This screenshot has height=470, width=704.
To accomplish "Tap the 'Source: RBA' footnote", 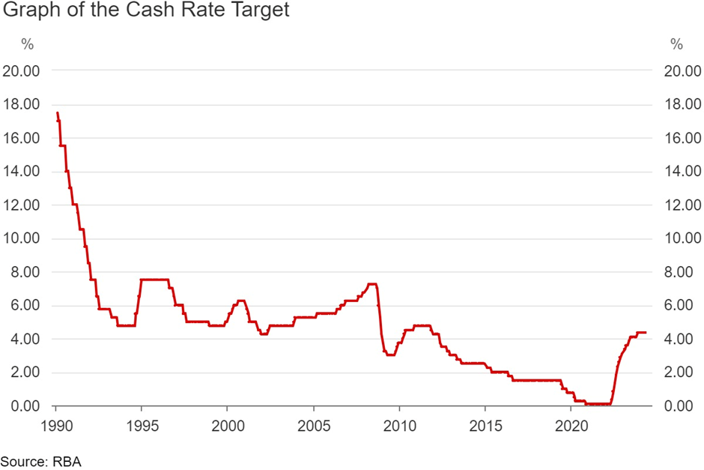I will [x=40, y=461].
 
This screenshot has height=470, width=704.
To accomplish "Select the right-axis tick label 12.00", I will [x=678, y=205].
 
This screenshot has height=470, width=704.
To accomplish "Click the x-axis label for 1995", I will [x=142, y=424].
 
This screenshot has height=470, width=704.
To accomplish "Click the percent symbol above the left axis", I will [x=28, y=44].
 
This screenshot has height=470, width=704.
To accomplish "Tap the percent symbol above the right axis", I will [x=676, y=44].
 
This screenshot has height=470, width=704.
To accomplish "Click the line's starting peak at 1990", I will [x=58, y=114].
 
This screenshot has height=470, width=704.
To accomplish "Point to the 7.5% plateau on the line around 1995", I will [x=154, y=280].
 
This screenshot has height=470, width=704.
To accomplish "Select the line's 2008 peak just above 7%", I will [x=371, y=284].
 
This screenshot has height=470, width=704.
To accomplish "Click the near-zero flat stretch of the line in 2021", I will [x=597, y=404].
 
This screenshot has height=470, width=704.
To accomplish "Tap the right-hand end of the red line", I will [x=645, y=332].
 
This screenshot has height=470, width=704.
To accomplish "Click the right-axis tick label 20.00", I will [x=678, y=70].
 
